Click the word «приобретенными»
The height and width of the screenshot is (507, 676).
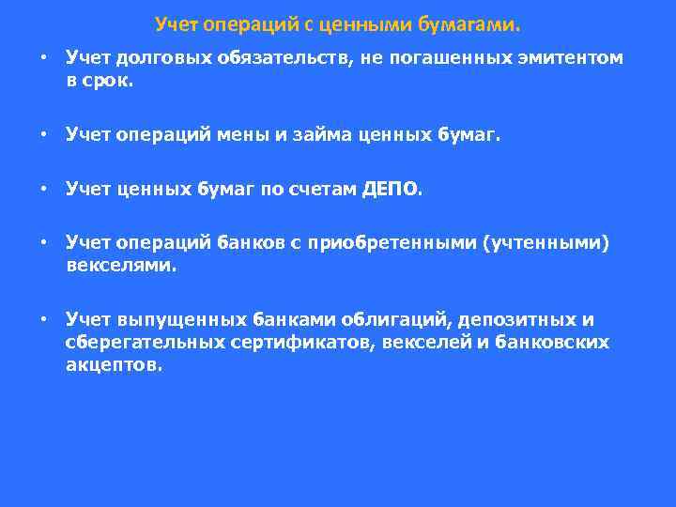(x=400, y=244)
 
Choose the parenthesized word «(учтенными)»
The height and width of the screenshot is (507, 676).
(x=545, y=244)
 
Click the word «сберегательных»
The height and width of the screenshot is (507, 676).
(x=145, y=343)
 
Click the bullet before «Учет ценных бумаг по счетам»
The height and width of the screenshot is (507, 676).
(x=43, y=190)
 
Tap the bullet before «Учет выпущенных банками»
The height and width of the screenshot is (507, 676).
(x=43, y=320)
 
